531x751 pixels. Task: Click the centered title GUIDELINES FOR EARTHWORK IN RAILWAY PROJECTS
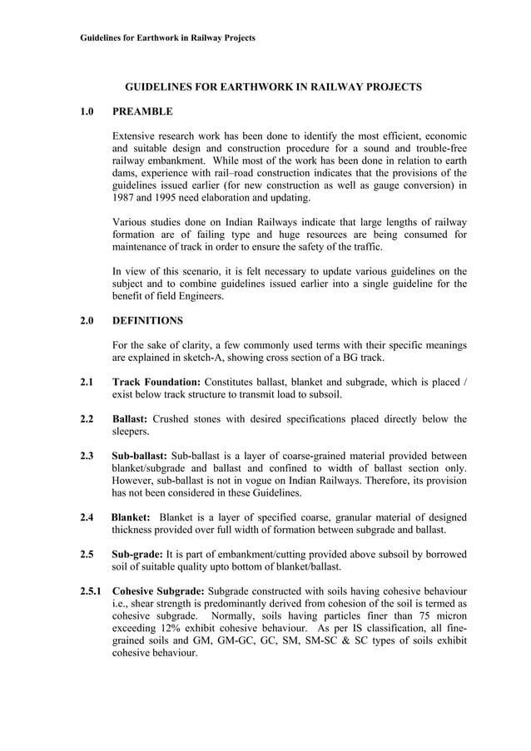[x=273, y=86]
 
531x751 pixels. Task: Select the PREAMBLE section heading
[x=142, y=111]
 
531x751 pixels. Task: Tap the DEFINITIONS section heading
[x=147, y=319]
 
